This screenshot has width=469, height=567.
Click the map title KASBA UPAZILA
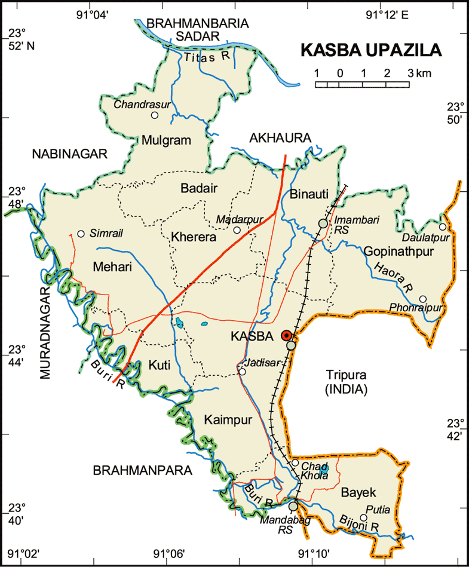pyautogui.click(x=370, y=50)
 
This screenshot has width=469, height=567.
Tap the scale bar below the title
pyautogui.click(x=362, y=84)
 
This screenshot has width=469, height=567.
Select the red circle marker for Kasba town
pyautogui.click(x=287, y=336)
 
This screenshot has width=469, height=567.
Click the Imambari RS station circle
pyautogui.click(x=323, y=223)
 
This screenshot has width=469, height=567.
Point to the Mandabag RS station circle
pyautogui.click(x=293, y=506)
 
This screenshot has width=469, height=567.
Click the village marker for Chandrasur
pyautogui.click(x=155, y=115)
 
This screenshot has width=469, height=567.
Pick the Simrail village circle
pyautogui.click(x=81, y=234)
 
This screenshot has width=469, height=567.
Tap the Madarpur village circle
pyautogui.click(x=237, y=230)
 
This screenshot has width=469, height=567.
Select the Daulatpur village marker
pyautogui.click(x=443, y=227)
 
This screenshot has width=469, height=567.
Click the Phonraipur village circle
pyautogui.click(x=422, y=299)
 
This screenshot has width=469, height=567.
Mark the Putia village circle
pyautogui.click(x=363, y=518)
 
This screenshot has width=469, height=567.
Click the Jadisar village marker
pyautogui.click(x=242, y=372)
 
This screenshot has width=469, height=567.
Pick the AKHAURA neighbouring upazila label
pyautogui.click(x=280, y=138)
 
